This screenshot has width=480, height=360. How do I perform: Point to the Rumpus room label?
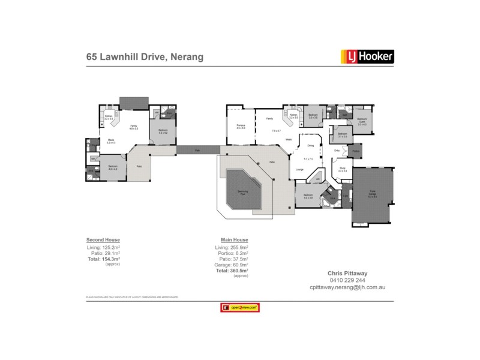point(241,125)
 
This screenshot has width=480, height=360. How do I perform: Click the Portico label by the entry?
point(356,151)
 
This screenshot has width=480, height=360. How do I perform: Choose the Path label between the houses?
point(198,150)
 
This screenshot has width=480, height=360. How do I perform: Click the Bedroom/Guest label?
point(362,121)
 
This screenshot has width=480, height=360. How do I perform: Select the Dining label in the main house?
point(311,145)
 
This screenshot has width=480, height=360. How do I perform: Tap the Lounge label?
point(299,169)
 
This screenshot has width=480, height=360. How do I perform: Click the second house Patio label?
point(139,166)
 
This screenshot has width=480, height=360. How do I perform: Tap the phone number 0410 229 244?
point(343,280)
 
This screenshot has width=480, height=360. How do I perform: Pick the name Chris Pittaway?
point(343,272)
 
